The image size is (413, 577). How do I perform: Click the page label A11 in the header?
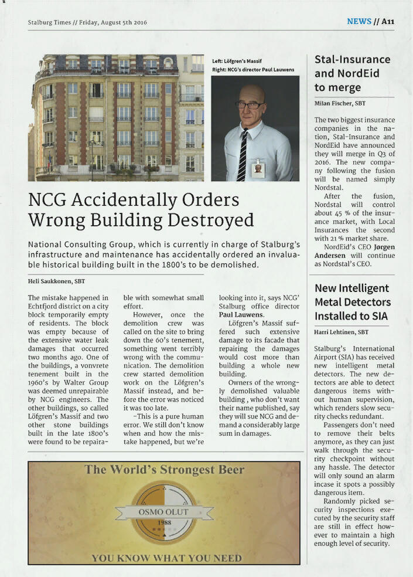388,22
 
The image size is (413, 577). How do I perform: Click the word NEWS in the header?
359,22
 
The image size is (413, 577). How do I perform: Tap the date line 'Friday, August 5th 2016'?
111,23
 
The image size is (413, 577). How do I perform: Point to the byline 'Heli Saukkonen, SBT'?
56,281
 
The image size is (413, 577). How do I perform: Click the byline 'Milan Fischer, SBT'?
340,104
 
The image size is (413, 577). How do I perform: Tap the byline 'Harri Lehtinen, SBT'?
342,332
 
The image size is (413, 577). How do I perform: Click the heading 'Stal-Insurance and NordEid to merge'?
352,73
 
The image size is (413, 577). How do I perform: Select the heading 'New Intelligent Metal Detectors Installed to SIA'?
352,302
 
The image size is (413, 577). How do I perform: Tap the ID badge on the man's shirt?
258,169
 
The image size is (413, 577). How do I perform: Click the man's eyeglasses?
249,105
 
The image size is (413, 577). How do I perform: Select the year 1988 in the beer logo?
163,522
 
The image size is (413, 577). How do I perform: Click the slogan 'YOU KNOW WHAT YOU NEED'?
166,558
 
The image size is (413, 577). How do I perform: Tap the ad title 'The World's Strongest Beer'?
165,470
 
